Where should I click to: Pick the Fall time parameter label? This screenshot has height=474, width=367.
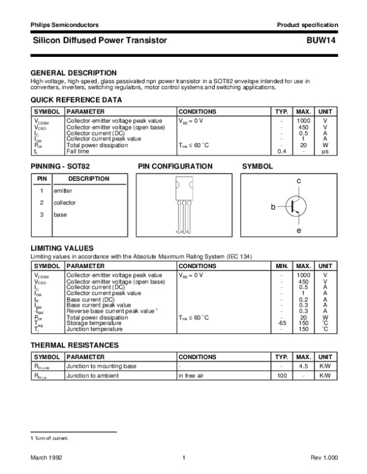(x=80, y=151)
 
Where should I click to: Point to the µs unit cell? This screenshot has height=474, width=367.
(x=325, y=151)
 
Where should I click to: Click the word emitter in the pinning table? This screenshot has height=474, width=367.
(x=62, y=191)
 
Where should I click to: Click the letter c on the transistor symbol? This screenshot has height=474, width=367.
(x=298, y=181)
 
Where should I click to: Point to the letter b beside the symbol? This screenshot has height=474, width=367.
(x=273, y=208)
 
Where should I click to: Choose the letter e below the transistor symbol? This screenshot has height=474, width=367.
(x=298, y=231)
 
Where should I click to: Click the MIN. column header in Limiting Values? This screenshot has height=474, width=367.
(x=282, y=266)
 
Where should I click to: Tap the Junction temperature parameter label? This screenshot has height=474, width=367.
(x=94, y=329)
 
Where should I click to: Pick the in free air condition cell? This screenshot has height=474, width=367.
(x=192, y=376)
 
